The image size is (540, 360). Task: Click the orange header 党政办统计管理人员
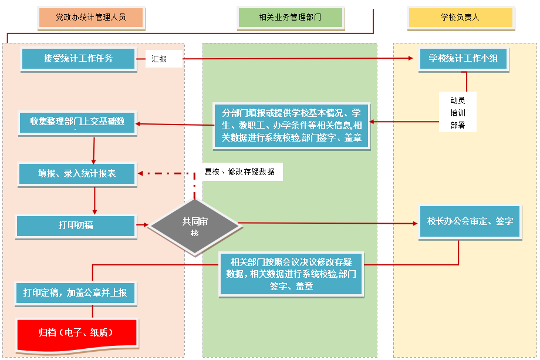click(x=90, y=18)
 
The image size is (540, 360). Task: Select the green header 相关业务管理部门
click(x=290, y=18)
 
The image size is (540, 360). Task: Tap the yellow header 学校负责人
click(x=460, y=18)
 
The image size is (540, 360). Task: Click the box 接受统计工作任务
click(x=78, y=58)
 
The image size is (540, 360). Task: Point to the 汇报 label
click(x=159, y=59)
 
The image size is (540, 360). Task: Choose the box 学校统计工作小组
click(x=463, y=59)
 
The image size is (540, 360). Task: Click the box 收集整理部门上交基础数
click(x=78, y=122)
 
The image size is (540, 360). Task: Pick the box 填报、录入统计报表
click(x=77, y=174)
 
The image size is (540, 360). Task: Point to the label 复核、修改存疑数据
click(x=239, y=171)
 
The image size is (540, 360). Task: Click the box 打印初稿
click(x=76, y=226)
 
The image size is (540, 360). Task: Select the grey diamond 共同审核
click(x=195, y=226)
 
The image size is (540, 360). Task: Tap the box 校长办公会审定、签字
click(x=470, y=221)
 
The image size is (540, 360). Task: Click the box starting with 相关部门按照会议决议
click(x=292, y=274)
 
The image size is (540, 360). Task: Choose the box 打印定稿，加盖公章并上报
click(x=76, y=292)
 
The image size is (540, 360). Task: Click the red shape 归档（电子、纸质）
click(x=76, y=332)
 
